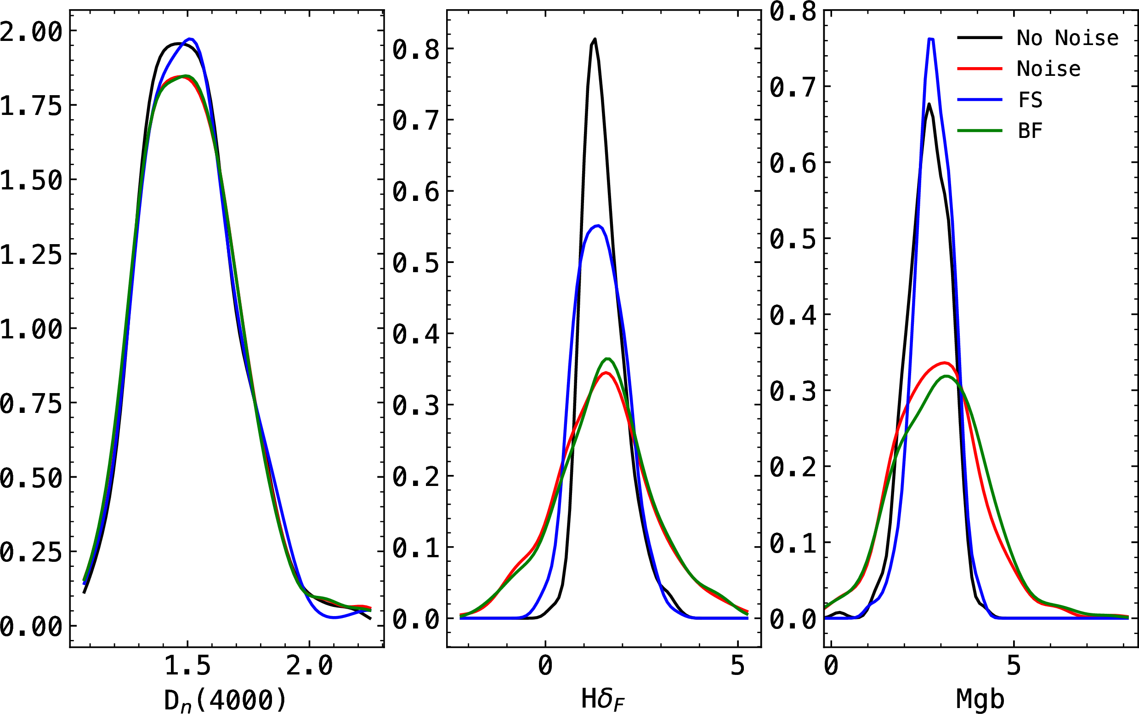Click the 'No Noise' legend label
[x=1067, y=38]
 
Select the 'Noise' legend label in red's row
[x=1048, y=69]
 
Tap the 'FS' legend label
[x=1030, y=100]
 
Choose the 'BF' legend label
[x=1030, y=131]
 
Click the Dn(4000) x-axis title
[x=225, y=700]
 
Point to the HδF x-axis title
[x=602, y=699]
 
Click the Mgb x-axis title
[x=980, y=699]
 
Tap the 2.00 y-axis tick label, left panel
[x=31, y=32]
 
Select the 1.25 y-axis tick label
[x=31, y=256]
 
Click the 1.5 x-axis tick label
[x=187, y=666]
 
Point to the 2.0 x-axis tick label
[x=309, y=666]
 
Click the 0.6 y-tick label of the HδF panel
[x=416, y=192]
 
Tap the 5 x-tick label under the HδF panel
[x=737, y=666]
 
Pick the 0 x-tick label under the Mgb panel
[x=831, y=666]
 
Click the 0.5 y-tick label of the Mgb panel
[x=793, y=240]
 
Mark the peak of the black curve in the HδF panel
[x=595, y=39]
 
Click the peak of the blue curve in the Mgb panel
[x=931, y=39]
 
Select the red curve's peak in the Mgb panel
[x=944, y=363]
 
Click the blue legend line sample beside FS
[x=980, y=100]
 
